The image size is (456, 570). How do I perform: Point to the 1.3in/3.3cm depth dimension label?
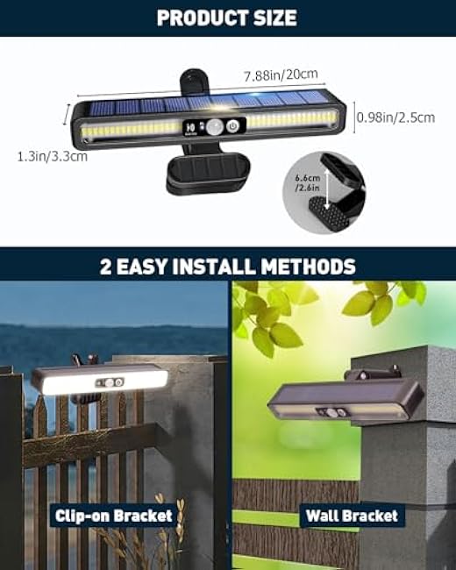click(x=52, y=156)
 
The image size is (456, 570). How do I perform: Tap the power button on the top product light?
click(x=232, y=125)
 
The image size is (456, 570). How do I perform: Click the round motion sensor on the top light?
click(x=211, y=127)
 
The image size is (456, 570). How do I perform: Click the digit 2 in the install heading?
click(x=107, y=267)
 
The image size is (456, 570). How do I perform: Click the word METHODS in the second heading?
click(x=309, y=267)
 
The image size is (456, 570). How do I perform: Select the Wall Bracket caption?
click(x=350, y=516)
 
